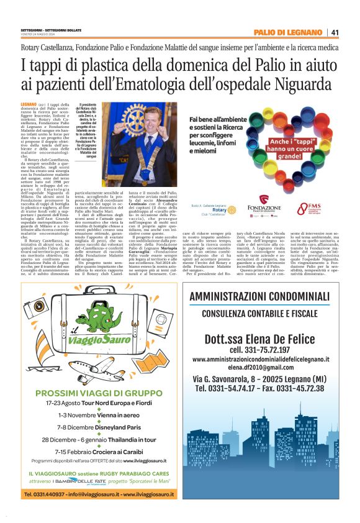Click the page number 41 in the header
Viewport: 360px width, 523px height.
pyautogui.click(x=335, y=32)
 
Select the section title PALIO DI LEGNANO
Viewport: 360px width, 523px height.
pyautogui.click(x=288, y=32)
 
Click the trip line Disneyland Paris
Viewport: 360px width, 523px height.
pyautogui.click(x=91, y=427)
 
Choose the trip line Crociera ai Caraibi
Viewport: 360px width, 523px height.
pyautogui.click(x=91, y=451)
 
